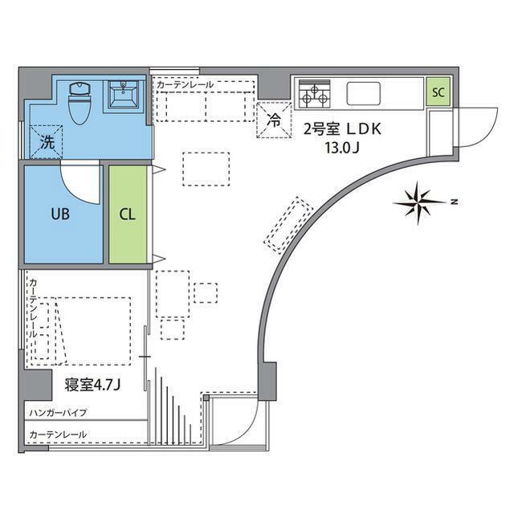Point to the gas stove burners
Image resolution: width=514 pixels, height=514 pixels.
click(x=314, y=95)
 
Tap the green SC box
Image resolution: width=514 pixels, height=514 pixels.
click(x=438, y=92)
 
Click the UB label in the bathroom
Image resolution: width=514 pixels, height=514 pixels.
click(x=61, y=214)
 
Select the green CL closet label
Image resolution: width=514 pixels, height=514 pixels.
click(x=128, y=214)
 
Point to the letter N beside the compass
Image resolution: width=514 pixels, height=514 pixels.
click(x=454, y=200)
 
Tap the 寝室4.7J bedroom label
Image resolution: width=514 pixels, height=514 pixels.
click(x=92, y=383)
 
